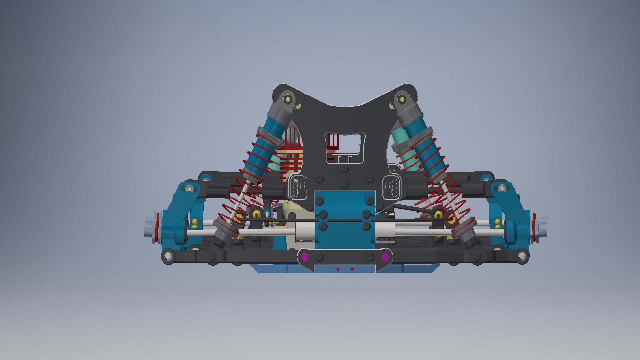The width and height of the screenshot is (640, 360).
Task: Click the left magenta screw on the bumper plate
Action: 304,257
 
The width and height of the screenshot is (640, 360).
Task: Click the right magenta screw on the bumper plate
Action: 385,257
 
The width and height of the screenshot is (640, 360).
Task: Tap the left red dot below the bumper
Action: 338,269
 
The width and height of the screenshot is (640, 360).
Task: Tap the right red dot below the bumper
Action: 352,269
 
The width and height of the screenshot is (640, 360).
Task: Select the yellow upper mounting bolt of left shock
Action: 287,99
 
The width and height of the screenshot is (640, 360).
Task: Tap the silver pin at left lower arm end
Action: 168,256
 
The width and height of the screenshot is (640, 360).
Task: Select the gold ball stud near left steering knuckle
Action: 195,223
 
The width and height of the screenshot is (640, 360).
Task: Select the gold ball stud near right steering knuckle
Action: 498,223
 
